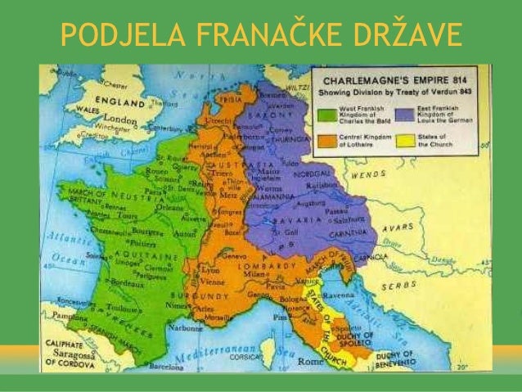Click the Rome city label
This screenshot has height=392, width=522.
point(308,355)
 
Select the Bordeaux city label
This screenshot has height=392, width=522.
point(125,283)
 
